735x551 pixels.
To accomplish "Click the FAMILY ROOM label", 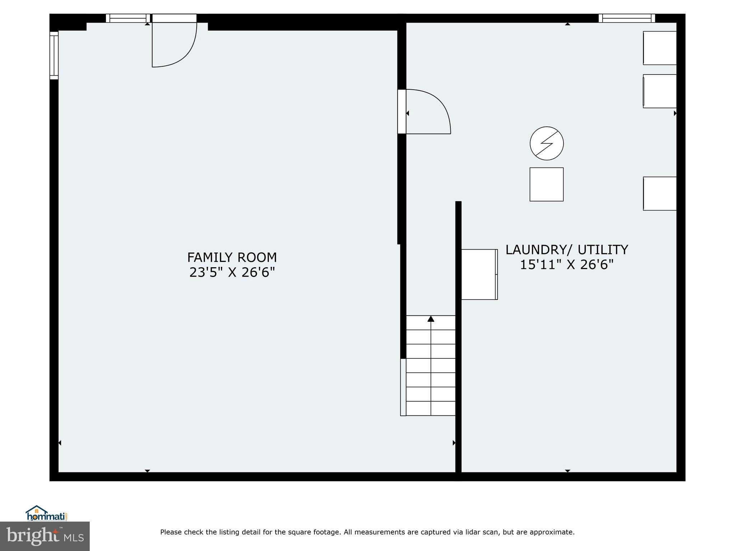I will point(232,258).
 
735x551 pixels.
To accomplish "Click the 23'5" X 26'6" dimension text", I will point(232,273).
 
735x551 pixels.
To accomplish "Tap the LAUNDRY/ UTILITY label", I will point(567,250).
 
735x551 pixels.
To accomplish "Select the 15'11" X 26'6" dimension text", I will point(567,265).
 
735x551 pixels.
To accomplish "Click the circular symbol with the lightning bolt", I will point(547,143).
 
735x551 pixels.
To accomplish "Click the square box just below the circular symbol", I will point(547,184).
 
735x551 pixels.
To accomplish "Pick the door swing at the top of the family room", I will point(174,43).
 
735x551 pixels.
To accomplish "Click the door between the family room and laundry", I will point(427,112).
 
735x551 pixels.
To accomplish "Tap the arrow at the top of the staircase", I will point(431,319).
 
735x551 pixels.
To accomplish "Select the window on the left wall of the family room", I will point(54,55).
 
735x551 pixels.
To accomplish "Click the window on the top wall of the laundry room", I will point(627,18).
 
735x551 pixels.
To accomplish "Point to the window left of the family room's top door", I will point(128,18).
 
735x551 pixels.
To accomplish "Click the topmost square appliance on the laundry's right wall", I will point(660,48).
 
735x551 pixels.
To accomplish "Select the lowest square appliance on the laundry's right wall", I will point(660,193).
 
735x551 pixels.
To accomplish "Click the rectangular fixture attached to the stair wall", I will point(479,274).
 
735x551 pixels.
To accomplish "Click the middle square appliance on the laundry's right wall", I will point(660,91).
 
